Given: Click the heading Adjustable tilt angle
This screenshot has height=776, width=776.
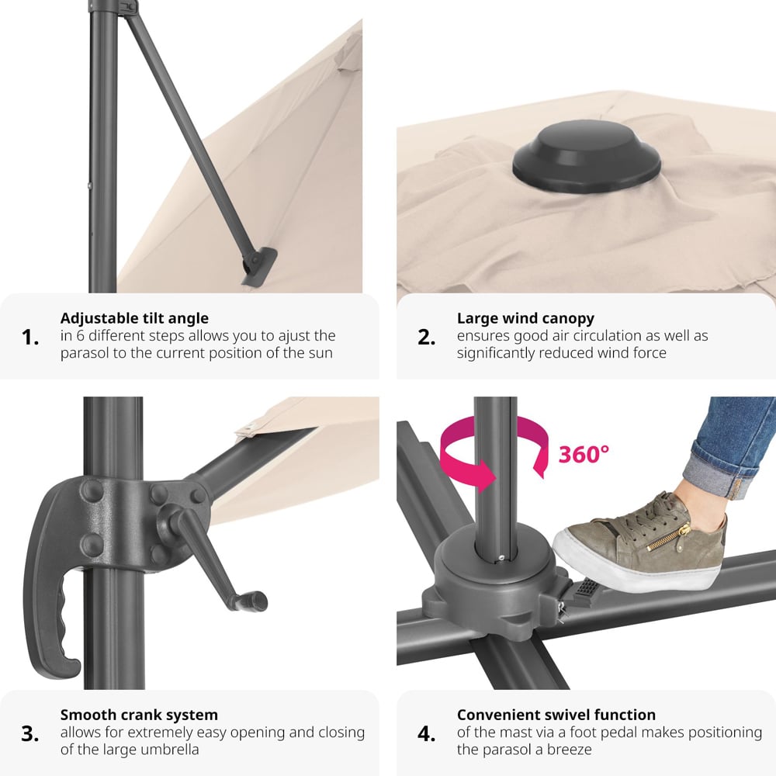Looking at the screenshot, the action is [134, 318].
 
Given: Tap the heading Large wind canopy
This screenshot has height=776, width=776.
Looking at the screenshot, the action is [525, 318].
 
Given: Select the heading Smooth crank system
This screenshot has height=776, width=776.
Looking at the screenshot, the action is [139, 715].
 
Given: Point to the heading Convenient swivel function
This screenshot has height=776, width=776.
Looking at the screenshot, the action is [556, 715].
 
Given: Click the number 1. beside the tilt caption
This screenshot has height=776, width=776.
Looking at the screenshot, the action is [30, 338].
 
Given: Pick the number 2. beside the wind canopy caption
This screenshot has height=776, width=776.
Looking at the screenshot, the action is [427, 338].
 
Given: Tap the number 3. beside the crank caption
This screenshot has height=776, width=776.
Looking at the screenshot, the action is [30, 734].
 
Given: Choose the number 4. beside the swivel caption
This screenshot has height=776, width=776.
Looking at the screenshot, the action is [427, 734].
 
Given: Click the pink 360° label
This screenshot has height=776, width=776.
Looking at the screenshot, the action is [584, 454].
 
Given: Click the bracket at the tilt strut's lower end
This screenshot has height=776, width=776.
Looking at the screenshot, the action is [259, 266].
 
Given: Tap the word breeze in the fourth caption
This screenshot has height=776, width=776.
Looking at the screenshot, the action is [568, 750].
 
